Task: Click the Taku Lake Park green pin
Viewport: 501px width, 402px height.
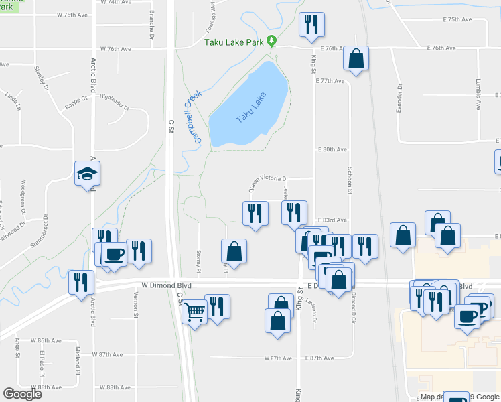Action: tap(271, 41)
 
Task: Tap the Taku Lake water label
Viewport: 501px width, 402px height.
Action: tap(251, 107)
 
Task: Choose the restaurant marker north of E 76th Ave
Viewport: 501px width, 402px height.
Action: tap(311, 25)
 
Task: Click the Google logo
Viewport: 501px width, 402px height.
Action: tap(22, 394)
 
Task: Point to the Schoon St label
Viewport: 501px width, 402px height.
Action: tap(350, 182)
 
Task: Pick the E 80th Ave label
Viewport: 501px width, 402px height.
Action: tap(332, 149)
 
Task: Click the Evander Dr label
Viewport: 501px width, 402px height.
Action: tap(399, 97)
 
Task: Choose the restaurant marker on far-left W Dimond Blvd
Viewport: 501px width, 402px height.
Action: tap(80, 281)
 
